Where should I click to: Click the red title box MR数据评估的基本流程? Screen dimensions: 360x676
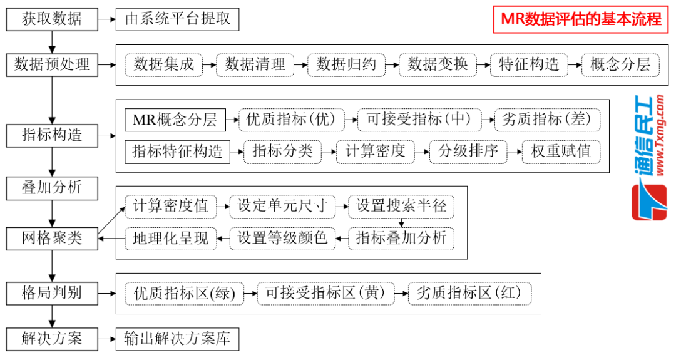[581, 19]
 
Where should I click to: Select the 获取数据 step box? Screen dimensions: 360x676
[52, 19]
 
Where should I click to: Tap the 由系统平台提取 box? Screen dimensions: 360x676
[178, 19]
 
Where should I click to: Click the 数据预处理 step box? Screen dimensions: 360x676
[52, 64]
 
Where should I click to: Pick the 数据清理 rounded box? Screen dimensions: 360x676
[255, 64]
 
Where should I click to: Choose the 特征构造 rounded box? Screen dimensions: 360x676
[529, 64]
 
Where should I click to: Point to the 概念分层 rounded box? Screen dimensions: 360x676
[620, 64]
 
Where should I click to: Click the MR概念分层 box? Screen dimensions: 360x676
[175, 120]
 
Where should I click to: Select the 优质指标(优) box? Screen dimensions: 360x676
[292, 120]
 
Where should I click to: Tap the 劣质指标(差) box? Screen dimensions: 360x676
[546, 120]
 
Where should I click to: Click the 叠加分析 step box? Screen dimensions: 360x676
[52, 187]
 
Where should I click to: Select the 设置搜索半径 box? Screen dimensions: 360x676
[401, 206]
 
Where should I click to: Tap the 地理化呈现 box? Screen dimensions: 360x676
[170, 238]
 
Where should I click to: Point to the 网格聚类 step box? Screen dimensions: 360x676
[52, 239]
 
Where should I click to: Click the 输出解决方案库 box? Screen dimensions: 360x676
[178, 339]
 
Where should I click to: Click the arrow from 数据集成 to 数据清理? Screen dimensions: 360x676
[209, 64]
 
